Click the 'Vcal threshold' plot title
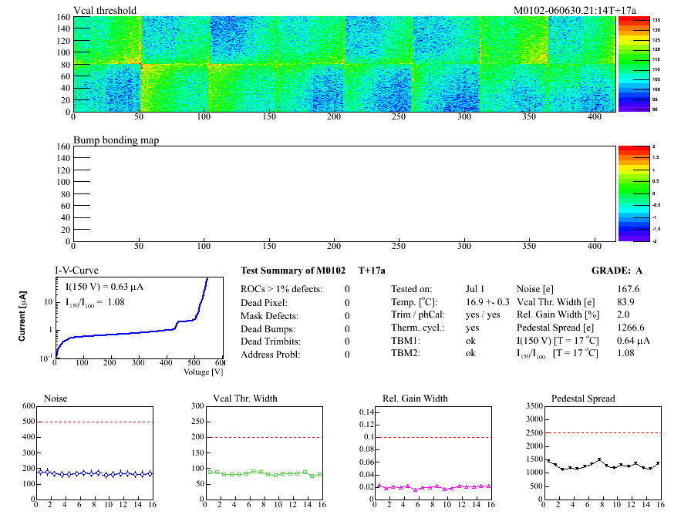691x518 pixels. (x=105, y=11)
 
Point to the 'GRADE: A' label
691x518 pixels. (x=618, y=271)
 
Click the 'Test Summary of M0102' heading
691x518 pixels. (x=292, y=271)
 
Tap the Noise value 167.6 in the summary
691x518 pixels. (x=629, y=289)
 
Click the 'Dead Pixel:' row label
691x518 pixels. (x=265, y=302)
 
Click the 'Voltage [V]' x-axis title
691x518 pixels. (x=203, y=372)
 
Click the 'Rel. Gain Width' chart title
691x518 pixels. (x=415, y=399)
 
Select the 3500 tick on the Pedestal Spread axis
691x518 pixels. (x=533, y=405)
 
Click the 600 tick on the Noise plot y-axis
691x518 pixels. (x=29, y=405)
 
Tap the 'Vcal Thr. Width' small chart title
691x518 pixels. (x=244, y=399)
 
